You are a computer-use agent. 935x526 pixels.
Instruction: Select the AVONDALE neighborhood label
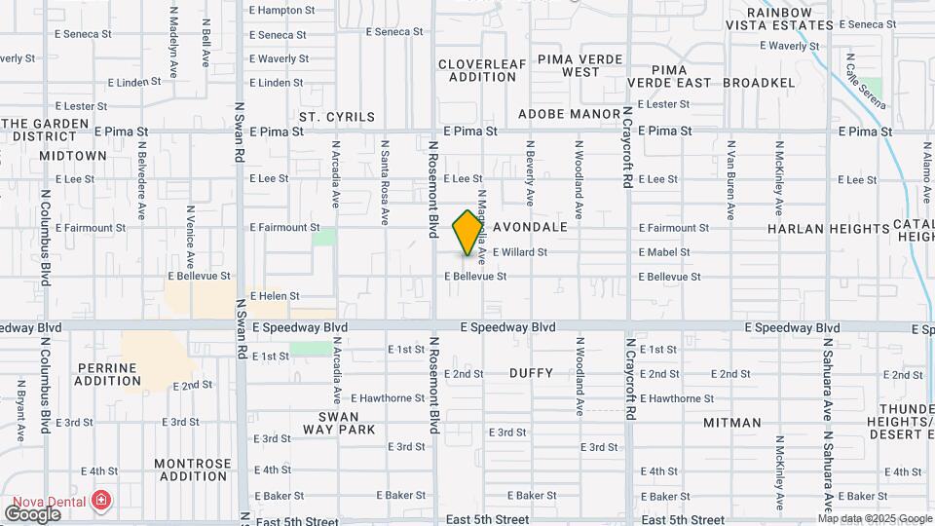pos(530,227)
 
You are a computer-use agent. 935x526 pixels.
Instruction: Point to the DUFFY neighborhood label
pos(531,373)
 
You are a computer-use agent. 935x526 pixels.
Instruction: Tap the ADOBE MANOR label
pos(569,114)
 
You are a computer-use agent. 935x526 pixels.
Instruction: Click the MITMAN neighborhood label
pos(732,423)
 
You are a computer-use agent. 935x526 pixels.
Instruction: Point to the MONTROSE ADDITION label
pos(194,470)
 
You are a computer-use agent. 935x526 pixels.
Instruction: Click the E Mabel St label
pos(664,252)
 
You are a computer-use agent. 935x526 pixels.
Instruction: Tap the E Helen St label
pos(274,296)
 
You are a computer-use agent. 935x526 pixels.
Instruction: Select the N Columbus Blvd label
pos(46,237)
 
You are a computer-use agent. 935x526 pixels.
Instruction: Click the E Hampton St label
pos(282,10)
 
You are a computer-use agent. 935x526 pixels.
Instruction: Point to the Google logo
pos(32,513)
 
